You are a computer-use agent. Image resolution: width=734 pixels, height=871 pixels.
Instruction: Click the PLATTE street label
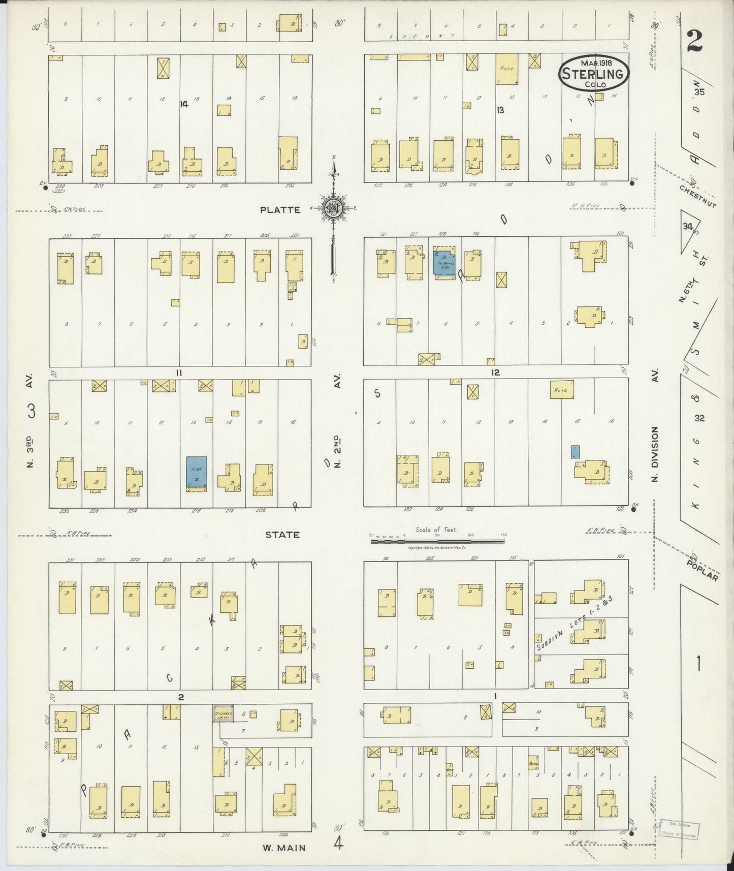click(280, 210)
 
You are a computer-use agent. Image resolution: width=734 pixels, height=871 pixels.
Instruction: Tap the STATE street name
click(281, 535)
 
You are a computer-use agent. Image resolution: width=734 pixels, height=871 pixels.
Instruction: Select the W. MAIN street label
click(284, 848)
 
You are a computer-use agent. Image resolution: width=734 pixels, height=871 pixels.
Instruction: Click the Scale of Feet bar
click(438, 542)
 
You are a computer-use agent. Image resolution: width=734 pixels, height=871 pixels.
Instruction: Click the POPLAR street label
click(703, 570)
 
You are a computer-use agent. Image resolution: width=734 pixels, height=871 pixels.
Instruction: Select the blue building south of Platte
click(444, 262)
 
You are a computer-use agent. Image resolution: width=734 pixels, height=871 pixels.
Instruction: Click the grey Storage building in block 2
click(223, 714)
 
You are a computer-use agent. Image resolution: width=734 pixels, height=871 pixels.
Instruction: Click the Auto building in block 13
click(506, 69)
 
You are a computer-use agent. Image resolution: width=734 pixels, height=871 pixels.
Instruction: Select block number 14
click(183, 104)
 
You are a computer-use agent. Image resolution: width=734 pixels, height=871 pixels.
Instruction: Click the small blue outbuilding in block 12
click(575, 451)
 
